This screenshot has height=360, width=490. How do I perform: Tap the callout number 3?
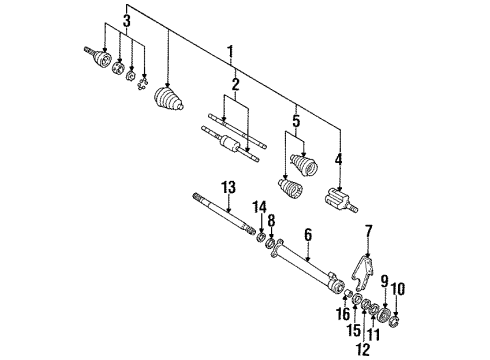(x=126, y=21)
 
